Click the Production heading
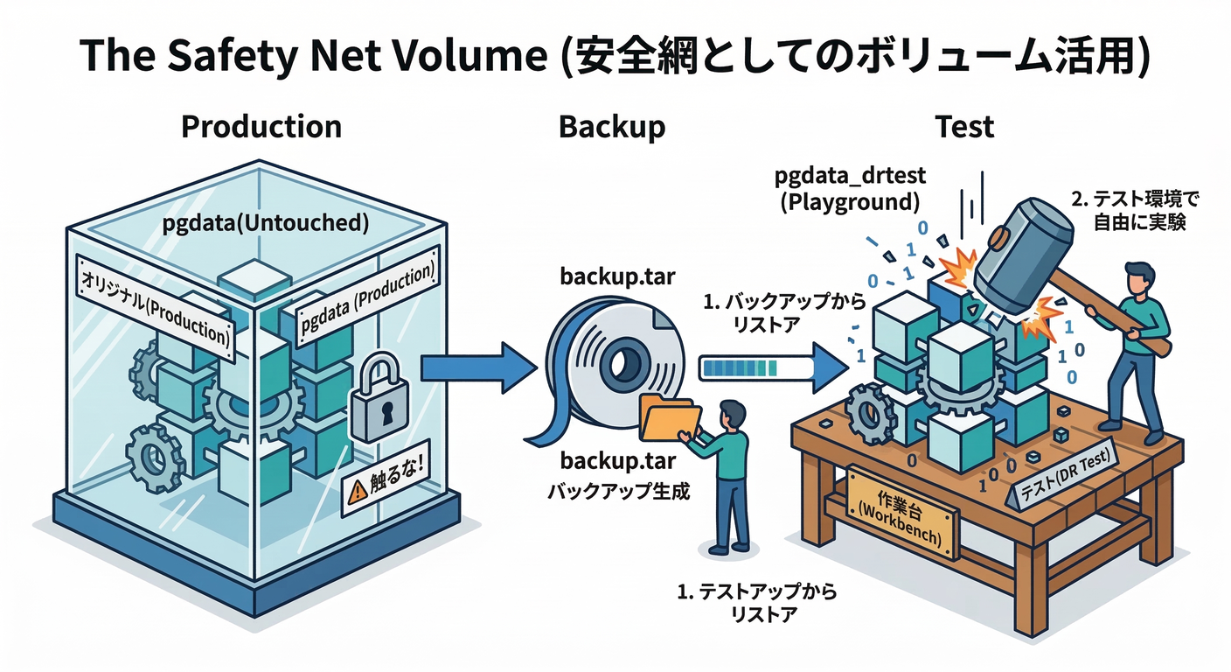tap(261, 127)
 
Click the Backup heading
tap(611, 127)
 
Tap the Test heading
tap(964, 127)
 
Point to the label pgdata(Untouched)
tap(263, 223)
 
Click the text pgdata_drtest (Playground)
tap(851, 189)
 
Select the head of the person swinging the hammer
tap(1137, 277)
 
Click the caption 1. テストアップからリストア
tap(758, 603)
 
